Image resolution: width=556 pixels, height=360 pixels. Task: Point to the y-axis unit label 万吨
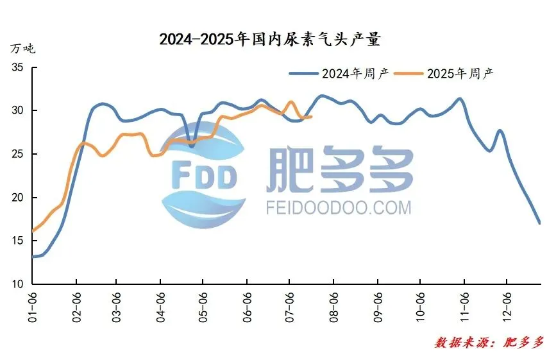click(22, 49)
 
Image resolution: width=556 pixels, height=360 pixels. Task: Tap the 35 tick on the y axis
click(17, 67)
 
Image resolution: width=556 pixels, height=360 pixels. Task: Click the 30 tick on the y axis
click(17, 110)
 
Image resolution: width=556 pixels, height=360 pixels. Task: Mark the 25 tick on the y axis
click(17, 154)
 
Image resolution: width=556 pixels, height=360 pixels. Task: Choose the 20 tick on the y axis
click(17, 198)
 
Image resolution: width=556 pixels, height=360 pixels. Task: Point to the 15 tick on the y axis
click(17, 241)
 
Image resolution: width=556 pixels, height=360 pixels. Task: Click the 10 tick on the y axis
click(17, 284)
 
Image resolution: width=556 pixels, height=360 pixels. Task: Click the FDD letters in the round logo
click(204, 176)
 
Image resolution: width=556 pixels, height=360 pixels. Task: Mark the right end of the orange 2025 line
click(311, 117)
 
